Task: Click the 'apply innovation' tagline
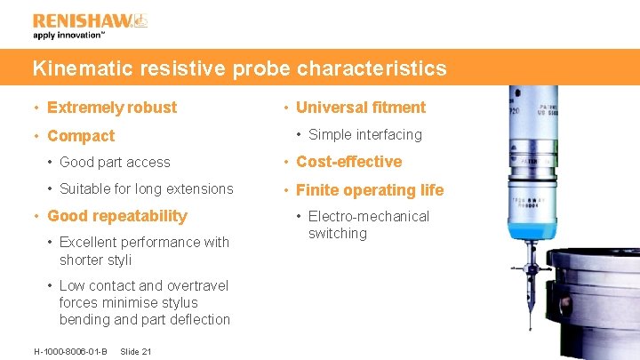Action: [69, 36]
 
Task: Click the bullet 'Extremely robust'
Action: [111, 108]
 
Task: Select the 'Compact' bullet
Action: [80, 136]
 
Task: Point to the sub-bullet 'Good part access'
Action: [115, 163]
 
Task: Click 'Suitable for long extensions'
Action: [146, 188]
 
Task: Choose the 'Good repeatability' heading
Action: [116, 216]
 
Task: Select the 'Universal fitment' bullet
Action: [360, 108]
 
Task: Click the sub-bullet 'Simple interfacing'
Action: [364, 135]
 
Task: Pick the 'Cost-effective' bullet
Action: [348, 162]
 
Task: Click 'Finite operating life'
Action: [369, 190]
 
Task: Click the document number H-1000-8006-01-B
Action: [70, 351]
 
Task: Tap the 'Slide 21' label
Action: [135, 351]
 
